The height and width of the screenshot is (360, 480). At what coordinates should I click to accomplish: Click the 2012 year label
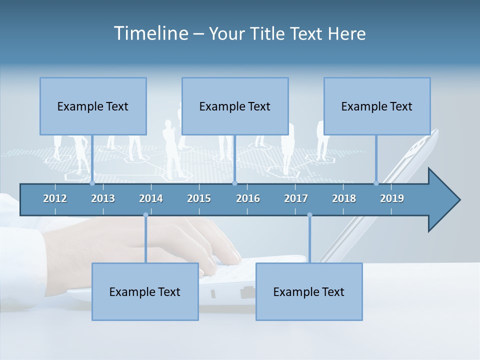pyautogui.click(x=55, y=198)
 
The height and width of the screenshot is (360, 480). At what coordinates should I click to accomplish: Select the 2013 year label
pyautogui.click(x=103, y=198)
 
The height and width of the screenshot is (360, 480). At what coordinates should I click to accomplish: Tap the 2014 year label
pyautogui.click(x=151, y=198)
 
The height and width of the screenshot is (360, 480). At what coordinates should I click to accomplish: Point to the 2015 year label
pyautogui.click(x=199, y=198)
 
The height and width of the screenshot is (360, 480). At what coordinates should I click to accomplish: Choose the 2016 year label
pyautogui.click(x=248, y=198)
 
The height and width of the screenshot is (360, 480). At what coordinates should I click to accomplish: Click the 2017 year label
pyautogui.click(x=296, y=198)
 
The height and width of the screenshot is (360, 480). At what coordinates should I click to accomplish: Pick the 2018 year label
pyautogui.click(x=344, y=198)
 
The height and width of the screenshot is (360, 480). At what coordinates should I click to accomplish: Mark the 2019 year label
pyautogui.click(x=392, y=198)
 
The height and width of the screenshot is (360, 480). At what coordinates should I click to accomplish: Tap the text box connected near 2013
pyautogui.click(x=93, y=106)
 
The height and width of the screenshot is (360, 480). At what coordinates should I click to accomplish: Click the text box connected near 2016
pyautogui.click(x=235, y=106)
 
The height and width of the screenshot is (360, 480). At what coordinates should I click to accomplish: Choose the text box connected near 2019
pyautogui.click(x=377, y=106)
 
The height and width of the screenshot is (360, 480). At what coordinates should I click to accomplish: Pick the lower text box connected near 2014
pyautogui.click(x=145, y=291)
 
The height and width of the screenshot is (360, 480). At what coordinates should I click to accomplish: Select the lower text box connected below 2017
pyautogui.click(x=309, y=291)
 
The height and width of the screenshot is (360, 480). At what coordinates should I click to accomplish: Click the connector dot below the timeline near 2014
pyautogui.click(x=145, y=215)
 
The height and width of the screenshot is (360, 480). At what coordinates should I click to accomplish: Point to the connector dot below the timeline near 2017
pyautogui.click(x=309, y=215)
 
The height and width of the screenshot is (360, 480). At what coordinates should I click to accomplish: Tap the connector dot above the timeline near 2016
pyautogui.click(x=234, y=183)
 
